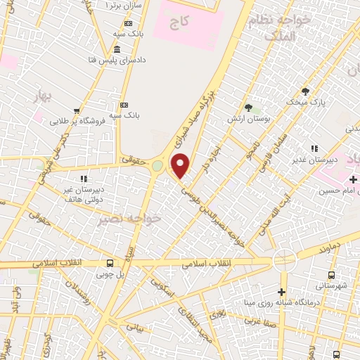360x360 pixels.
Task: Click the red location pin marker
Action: pos(181,166)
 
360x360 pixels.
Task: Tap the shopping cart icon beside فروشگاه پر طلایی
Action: pos(76,110)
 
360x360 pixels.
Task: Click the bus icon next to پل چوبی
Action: pos(109,264)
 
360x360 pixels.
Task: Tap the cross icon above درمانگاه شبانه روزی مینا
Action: pos(281,292)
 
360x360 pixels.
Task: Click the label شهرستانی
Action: pos(330,285)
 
